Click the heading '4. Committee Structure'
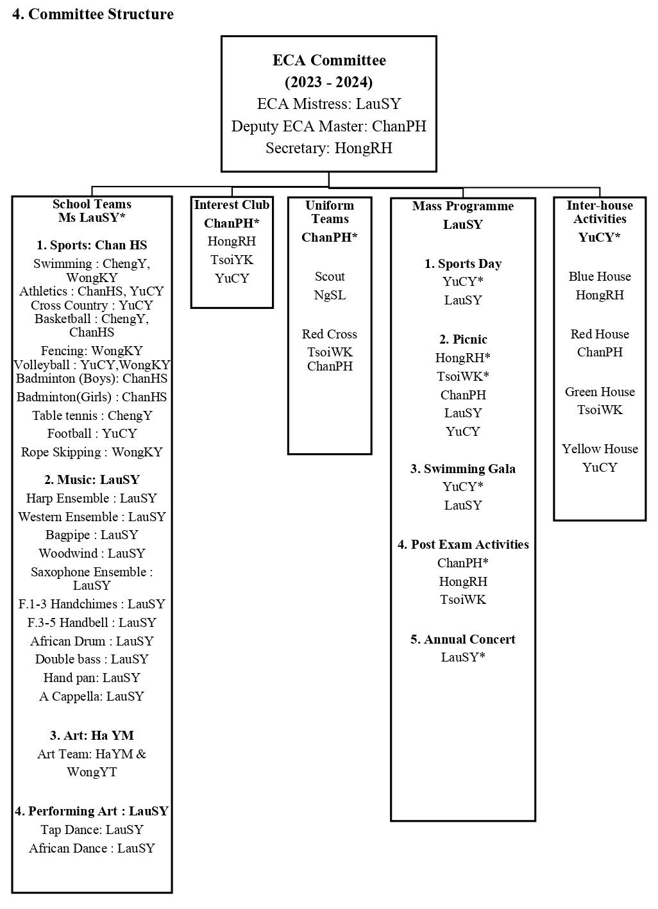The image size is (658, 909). click(x=93, y=14)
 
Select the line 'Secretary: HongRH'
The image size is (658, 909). click(x=329, y=148)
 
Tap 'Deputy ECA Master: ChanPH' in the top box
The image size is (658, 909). click(x=329, y=126)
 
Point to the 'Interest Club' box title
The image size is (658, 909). click(x=232, y=204)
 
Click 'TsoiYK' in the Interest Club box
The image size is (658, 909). click(x=232, y=260)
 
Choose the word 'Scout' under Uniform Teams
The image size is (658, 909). click(x=330, y=276)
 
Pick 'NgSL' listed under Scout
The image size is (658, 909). click(x=330, y=295)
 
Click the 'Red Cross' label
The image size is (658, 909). click(x=330, y=334)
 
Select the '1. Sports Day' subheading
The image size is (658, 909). click(x=463, y=263)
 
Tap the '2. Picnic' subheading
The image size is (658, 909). click(x=463, y=339)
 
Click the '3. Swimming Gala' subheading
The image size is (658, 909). click(x=463, y=469)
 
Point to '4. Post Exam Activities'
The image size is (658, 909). click(x=463, y=544)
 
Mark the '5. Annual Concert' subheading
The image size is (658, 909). click(x=463, y=639)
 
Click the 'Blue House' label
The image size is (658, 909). click(x=600, y=276)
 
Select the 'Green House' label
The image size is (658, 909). click(x=600, y=392)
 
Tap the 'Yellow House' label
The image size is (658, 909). click(x=600, y=449)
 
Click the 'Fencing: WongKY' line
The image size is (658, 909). click(x=92, y=351)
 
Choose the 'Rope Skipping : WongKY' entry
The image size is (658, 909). click(x=92, y=452)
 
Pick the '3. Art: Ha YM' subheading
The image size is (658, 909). click(x=92, y=735)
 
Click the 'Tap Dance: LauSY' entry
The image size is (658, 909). click(x=92, y=830)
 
